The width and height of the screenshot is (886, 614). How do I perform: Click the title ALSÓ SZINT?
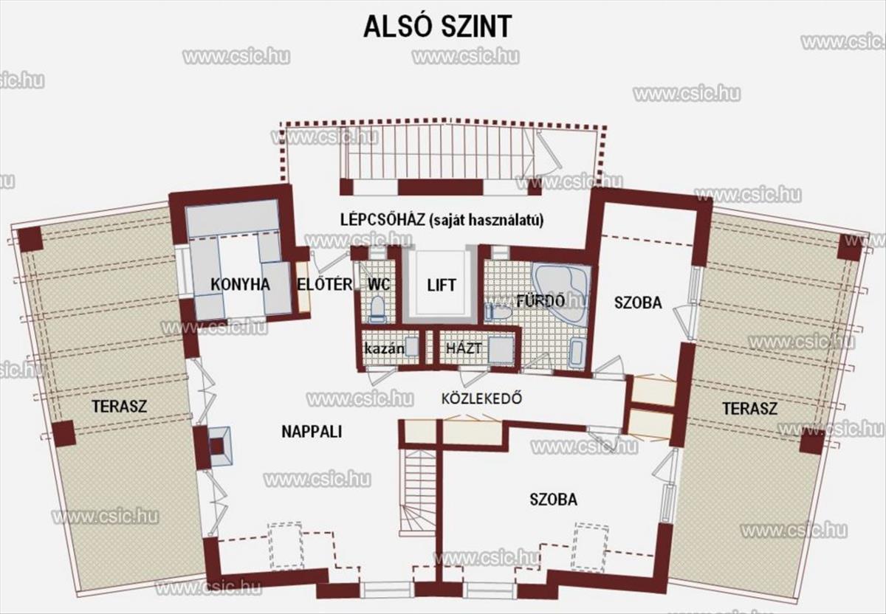pyautogui.click(x=437, y=27)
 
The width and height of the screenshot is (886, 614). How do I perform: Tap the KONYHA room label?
pyautogui.click(x=240, y=284)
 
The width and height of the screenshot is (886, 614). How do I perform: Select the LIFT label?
pyautogui.click(x=442, y=285)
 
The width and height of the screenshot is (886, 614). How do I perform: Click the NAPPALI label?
pyautogui.click(x=312, y=432)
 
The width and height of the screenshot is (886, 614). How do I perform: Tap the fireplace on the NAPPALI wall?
pyautogui.click(x=219, y=446)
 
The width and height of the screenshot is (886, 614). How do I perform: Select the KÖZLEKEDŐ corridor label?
pyautogui.click(x=481, y=398)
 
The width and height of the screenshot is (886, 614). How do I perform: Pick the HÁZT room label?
pyautogui.click(x=464, y=348)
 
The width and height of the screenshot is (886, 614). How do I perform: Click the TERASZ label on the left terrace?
pyautogui.click(x=120, y=406)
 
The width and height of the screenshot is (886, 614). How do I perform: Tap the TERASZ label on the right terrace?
pyautogui.click(x=750, y=408)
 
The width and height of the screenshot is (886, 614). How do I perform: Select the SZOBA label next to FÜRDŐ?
pyautogui.click(x=638, y=303)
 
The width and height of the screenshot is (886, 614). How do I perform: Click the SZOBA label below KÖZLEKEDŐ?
pyautogui.click(x=553, y=500)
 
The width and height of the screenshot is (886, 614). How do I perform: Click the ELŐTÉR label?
pyautogui.click(x=325, y=284)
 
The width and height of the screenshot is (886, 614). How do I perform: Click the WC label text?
pyautogui.click(x=379, y=284)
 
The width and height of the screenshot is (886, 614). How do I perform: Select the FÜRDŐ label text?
pyautogui.click(x=540, y=301)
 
